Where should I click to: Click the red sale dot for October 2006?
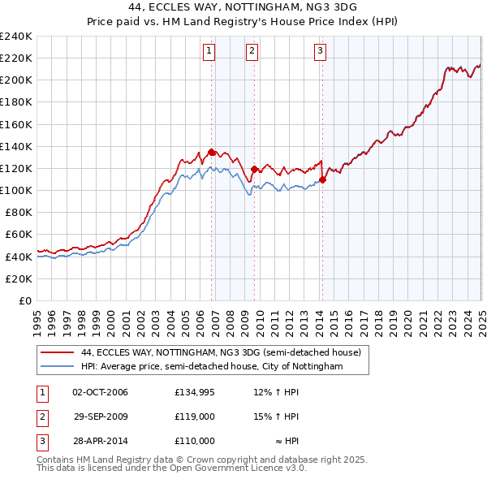pos(212,152)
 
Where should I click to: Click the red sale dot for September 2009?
pos(255,170)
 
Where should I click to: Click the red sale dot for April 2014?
pos(322,179)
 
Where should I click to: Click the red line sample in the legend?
pos(56,353)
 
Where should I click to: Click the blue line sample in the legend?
pos(56,367)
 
